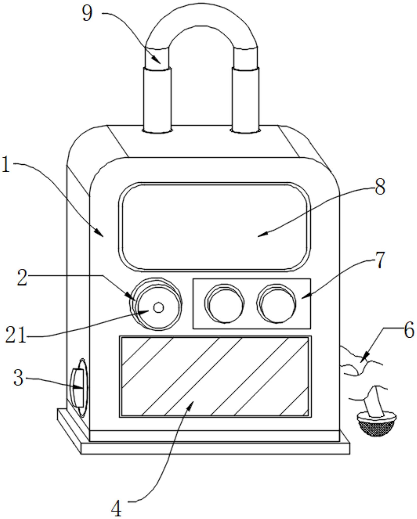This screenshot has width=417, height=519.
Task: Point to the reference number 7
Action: pos(379,260)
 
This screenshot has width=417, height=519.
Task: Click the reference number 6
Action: pos(408,330)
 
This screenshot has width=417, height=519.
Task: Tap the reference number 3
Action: pos(18,378)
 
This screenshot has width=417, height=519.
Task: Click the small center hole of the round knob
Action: pos(159,307)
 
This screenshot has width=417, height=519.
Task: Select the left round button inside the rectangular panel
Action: pos(225,303)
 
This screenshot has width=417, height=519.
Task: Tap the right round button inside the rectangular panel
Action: pos(276,303)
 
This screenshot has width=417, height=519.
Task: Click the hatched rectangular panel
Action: pos(215,376)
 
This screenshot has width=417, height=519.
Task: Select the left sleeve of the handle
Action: pos(157,100)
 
